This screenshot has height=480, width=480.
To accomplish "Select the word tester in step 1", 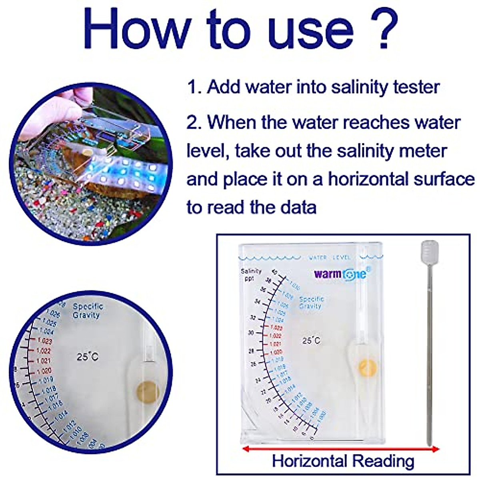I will pyautogui.click(x=416, y=87).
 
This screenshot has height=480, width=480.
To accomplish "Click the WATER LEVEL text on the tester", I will pyautogui.click(x=330, y=257).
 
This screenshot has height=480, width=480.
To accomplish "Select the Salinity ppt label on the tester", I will pyautogui.click(x=251, y=274).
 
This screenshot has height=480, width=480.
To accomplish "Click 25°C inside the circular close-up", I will pyautogui.click(x=88, y=356).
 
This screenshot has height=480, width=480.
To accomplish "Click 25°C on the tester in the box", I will pyautogui.click(x=311, y=340).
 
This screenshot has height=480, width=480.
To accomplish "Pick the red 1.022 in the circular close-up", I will pyautogui.click(x=44, y=351).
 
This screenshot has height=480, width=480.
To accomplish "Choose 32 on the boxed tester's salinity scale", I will pyautogui.click(x=252, y=318).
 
